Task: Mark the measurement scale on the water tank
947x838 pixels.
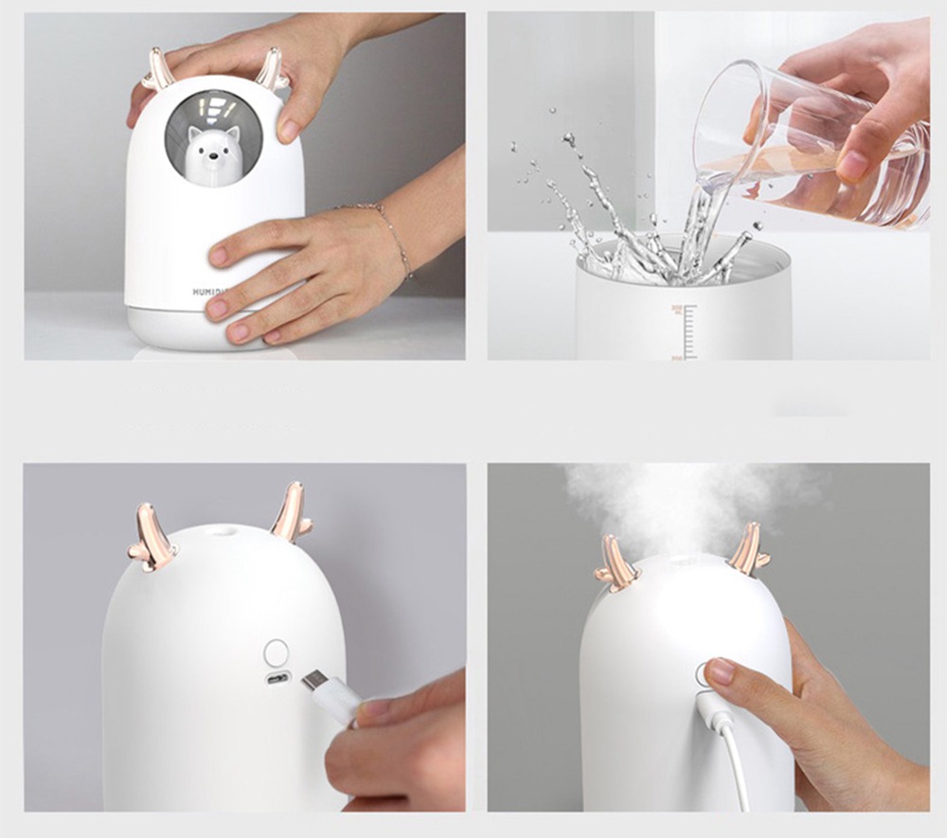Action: [x=684, y=331]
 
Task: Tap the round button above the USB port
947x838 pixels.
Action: [x=277, y=651]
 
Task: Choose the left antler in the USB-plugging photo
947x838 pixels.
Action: [x=152, y=538]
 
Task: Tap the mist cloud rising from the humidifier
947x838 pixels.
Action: [x=691, y=502]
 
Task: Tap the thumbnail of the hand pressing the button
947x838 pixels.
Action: [x=723, y=671]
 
